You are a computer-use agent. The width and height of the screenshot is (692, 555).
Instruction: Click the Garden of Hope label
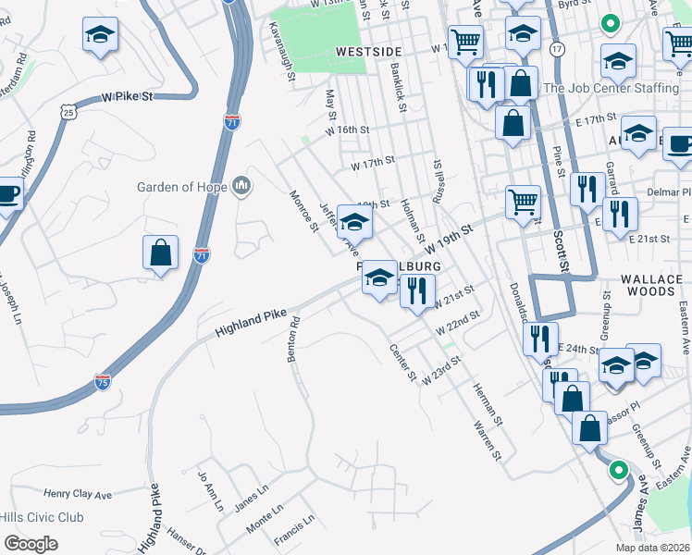click(182, 187)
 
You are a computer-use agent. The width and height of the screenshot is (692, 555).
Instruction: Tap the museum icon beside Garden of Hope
click(242, 187)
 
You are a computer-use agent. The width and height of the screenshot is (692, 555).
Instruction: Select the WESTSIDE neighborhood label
click(368, 52)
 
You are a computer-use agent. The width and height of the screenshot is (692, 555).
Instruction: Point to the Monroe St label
click(303, 212)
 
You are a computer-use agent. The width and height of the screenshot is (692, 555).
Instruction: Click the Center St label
click(404, 365)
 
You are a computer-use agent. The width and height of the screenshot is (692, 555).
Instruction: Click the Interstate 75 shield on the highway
click(103, 381)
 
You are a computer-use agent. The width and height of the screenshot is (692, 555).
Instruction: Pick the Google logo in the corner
click(31, 544)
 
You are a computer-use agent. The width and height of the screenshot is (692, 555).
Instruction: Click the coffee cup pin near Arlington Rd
click(7, 196)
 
